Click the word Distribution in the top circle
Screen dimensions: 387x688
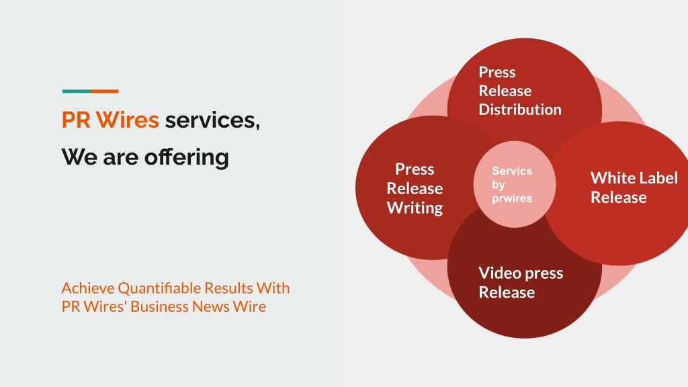tap(519, 110)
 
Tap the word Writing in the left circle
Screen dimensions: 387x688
tap(415, 208)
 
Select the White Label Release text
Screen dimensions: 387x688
tap(634, 187)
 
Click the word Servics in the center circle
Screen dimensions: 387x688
tap(511, 171)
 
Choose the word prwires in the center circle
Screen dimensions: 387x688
tap(511, 198)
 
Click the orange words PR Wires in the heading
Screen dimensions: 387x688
tap(110, 120)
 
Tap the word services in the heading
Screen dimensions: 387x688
tap(212, 120)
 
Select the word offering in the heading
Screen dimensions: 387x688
tap(186, 157)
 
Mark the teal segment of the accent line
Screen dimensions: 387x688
tap(76, 91)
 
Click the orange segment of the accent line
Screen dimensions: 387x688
tap(105, 91)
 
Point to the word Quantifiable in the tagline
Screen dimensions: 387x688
tap(159, 288)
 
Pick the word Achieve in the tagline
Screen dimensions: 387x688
tap(87, 288)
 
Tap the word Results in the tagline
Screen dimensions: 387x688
tap(228, 288)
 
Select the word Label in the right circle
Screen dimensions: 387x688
tap(658, 178)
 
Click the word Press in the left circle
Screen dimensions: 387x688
tap(415, 169)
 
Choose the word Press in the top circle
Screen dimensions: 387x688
tap(497, 73)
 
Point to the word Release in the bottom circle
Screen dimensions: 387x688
tap(507, 292)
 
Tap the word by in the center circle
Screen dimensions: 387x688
tap(499, 185)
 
